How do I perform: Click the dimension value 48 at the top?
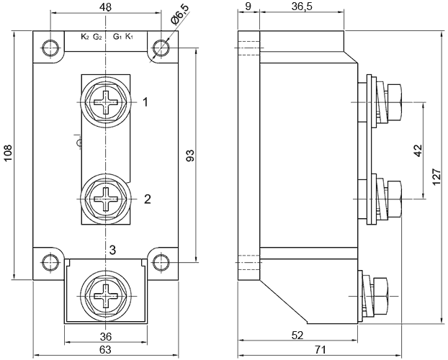pyautogui.click(x=105, y=7)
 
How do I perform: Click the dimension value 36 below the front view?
pyautogui.click(x=105, y=337)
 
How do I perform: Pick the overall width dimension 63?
pyautogui.click(x=105, y=351)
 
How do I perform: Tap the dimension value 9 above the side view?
pyautogui.click(x=248, y=7)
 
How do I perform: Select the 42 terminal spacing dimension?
pyautogui.click(x=418, y=150)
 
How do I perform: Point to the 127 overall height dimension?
pyautogui.click(x=436, y=175)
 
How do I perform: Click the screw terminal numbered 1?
pyautogui.click(x=106, y=102)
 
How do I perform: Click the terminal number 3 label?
pyautogui.click(x=112, y=250)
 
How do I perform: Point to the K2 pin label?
pyautogui.click(x=85, y=37)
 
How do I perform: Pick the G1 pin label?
pyautogui.click(x=117, y=37)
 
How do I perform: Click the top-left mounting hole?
pyautogui.click(x=50, y=48)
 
